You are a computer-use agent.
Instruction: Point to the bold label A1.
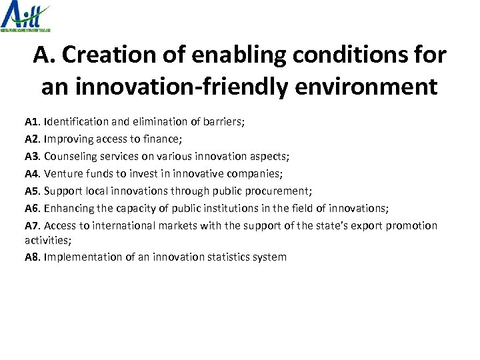click(33, 122)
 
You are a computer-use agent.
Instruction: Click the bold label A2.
click(33, 139)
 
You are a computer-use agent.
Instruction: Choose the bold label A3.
click(33, 157)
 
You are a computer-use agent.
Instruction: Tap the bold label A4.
click(33, 174)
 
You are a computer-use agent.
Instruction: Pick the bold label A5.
click(33, 191)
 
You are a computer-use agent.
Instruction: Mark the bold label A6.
click(33, 209)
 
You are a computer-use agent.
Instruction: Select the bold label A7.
click(33, 226)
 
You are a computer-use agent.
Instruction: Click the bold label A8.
click(33, 257)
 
